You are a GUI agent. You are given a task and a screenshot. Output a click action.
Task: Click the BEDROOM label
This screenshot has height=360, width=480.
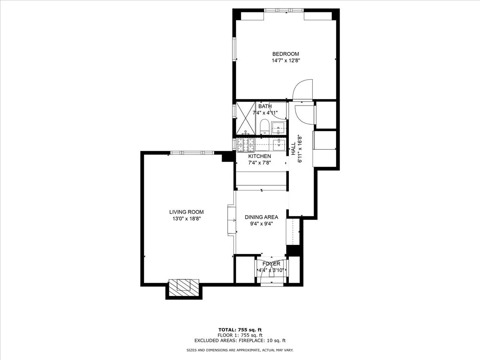(286, 54)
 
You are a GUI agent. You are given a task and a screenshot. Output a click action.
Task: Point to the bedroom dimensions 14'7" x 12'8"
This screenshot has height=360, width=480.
(286, 61)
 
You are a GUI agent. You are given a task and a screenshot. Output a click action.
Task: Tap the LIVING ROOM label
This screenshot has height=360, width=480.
(186, 212)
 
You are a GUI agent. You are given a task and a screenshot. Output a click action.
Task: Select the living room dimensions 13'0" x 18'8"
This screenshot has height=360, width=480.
(186, 219)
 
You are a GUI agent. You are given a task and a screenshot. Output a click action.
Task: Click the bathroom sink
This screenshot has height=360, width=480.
(279, 128)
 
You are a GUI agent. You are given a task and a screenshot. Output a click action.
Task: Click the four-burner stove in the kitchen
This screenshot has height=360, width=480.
(246, 145)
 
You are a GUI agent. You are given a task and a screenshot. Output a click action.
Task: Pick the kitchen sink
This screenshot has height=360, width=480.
(279, 144)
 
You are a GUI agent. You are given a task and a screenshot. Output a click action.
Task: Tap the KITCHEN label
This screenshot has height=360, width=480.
(260, 156)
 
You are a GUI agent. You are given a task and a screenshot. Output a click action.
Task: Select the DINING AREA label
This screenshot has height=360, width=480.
(261, 217)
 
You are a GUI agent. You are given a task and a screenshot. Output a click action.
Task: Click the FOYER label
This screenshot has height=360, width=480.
(271, 264)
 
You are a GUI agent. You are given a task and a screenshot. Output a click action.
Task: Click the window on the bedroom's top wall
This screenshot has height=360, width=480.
(284, 10)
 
